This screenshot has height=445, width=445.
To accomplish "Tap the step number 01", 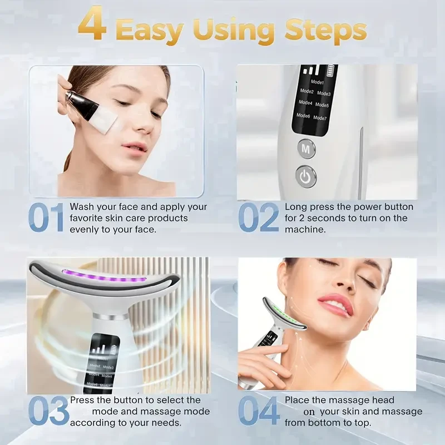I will click(x=47, y=219).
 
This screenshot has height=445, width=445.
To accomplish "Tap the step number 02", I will click(x=259, y=219).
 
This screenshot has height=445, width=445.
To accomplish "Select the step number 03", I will click(x=48, y=412).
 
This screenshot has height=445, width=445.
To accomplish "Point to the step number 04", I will click(x=259, y=412).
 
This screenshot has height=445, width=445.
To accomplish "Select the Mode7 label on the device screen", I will click(x=320, y=117).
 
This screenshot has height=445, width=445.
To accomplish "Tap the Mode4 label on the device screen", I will click(x=305, y=103).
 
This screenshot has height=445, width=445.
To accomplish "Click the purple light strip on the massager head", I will click(x=106, y=275).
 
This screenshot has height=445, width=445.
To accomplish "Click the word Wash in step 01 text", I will click(x=81, y=207).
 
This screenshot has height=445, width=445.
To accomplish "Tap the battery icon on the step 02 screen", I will click(x=332, y=71).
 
